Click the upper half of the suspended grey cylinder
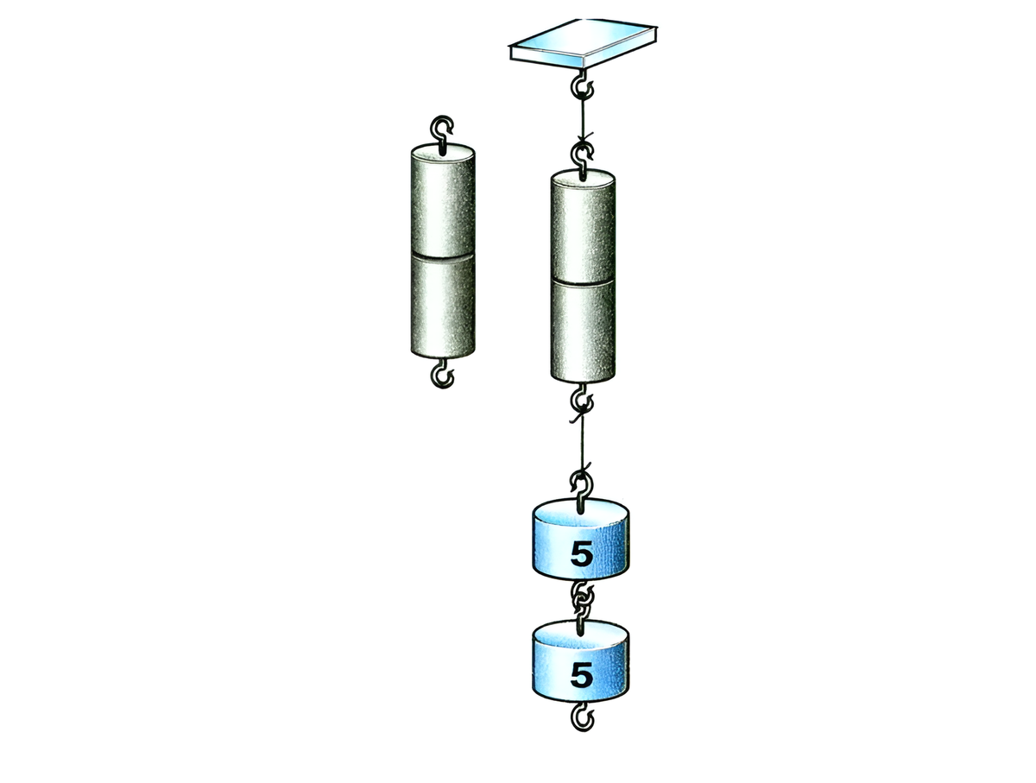click(583, 228)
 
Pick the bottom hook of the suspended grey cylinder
click(584, 399)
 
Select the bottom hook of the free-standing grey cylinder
click(443, 374)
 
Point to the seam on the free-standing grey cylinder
click(443, 256)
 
